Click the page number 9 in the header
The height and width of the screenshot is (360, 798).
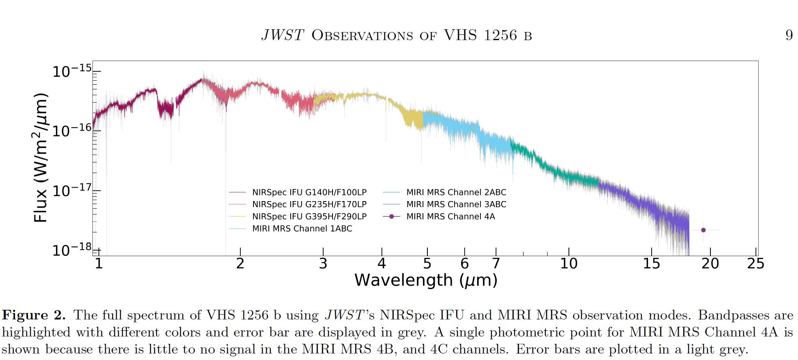click(x=789, y=36)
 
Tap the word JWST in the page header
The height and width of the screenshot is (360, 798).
click(x=283, y=36)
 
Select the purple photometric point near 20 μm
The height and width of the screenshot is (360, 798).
click(x=704, y=230)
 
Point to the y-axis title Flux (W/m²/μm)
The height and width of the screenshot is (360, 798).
click(x=40, y=158)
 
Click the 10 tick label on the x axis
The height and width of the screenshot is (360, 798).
click(x=568, y=264)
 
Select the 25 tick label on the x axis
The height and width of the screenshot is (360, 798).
click(x=755, y=264)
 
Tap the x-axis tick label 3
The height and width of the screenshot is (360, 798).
click(x=323, y=264)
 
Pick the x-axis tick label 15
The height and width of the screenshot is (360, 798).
click(x=651, y=264)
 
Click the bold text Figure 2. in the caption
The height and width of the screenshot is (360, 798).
click(x=34, y=315)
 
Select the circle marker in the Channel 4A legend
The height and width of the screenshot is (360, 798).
click(x=391, y=216)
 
